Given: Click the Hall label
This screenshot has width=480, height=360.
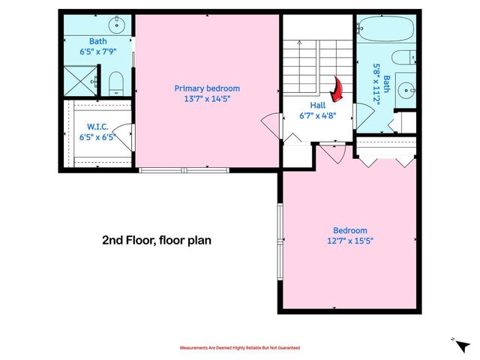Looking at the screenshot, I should [317, 106].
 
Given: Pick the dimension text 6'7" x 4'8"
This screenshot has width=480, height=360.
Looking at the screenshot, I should [317, 116].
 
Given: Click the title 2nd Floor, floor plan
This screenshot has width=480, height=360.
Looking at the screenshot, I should [157, 241].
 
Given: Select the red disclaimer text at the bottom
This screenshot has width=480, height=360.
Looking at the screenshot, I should [240, 348].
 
